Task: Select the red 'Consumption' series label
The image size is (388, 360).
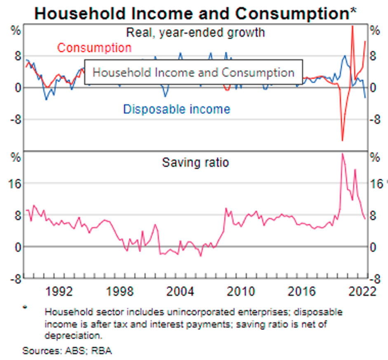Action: (94, 48)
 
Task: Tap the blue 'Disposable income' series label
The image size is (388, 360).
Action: (176, 109)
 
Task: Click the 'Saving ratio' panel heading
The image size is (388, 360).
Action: (195, 162)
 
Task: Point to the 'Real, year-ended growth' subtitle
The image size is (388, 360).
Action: (195, 32)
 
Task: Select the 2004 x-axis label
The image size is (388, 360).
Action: (179, 291)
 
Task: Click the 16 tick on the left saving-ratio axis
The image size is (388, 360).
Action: (15, 183)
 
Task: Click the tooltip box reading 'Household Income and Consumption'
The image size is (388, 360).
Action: (193, 73)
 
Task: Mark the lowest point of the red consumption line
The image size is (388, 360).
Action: (342, 140)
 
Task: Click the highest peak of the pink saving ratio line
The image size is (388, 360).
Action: (342, 154)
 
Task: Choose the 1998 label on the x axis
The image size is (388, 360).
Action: (119, 291)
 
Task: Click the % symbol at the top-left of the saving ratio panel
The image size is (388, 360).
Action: (15, 158)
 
